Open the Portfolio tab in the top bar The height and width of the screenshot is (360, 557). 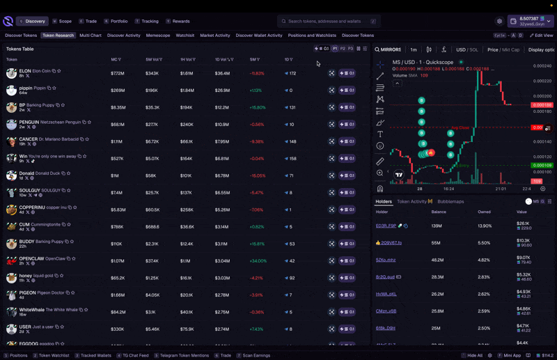coord(118,22)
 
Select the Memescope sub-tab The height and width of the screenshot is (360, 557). coord(157,36)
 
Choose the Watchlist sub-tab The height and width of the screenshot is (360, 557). coord(185,36)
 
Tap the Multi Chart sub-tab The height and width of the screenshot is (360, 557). coord(91,36)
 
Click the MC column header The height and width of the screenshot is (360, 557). coord(114,60)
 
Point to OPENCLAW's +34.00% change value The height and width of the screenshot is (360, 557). coord(258,261)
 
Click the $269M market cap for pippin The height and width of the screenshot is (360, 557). coord(118,91)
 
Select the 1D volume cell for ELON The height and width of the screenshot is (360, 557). coord(222,73)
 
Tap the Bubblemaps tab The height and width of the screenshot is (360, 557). coord(450,202)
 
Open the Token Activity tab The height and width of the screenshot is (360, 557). coord(412,202)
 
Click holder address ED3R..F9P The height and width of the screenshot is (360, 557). coord(386,226)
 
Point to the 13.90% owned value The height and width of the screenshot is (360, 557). coord(485,226)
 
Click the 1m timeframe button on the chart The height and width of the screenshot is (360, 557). coord(414,50)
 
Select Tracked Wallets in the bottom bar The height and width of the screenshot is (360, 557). coord(95,355)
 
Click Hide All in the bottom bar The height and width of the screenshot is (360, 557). coord(474,355)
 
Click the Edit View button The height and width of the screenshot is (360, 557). coord(542,36)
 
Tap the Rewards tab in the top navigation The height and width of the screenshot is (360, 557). coord(180,22)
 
